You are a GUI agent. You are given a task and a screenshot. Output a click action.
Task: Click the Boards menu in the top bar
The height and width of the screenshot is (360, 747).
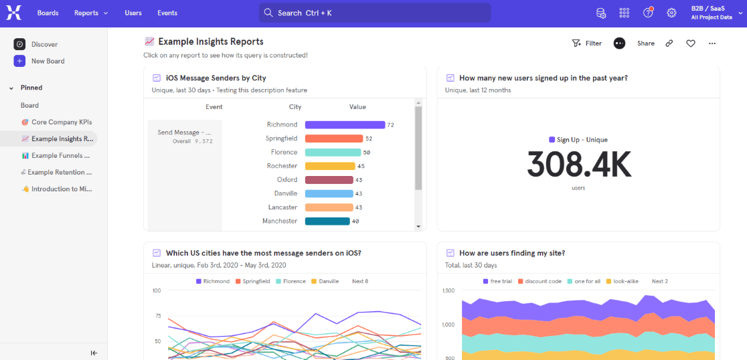pyautogui.click(x=48, y=13)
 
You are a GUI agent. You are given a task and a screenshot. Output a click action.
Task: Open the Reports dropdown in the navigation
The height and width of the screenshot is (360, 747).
pyautogui.click(x=90, y=13)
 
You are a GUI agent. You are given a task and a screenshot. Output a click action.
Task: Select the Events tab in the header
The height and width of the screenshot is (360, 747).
pyautogui.click(x=167, y=13)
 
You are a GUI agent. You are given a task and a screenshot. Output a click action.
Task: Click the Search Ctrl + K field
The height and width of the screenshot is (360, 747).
pyautogui.click(x=375, y=13)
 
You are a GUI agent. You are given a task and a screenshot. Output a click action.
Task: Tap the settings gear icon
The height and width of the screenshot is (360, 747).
pyautogui.click(x=671, y=13)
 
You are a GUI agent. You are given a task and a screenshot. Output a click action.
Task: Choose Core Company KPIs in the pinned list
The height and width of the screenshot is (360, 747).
pyautogui.click(x=61, y=122)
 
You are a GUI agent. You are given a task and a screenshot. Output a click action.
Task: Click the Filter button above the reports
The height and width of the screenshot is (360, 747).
pyautogui.click(x=586, y=43)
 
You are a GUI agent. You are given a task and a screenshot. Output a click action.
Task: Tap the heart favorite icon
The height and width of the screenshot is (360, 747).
pyautogui.click(x=691, y=43)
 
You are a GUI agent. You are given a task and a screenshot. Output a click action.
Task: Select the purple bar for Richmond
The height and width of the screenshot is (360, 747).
pyautogui.click(x=345, y=124)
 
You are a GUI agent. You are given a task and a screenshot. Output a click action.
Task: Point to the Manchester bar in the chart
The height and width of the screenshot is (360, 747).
pyautogui.click(x=327, y=221)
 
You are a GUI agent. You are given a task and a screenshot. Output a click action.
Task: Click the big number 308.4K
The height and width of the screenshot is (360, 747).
pyautogui.click(x=578, y=164)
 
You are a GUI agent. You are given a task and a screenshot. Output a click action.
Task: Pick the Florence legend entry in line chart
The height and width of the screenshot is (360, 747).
pyautogui.click(x=290, y=281)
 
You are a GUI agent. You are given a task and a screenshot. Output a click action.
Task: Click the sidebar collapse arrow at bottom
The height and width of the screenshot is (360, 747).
pyautogui.click(x=94, y=353)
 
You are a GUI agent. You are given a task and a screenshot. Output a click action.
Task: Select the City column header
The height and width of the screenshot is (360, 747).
pyautogui.click(x=295, y=107)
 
